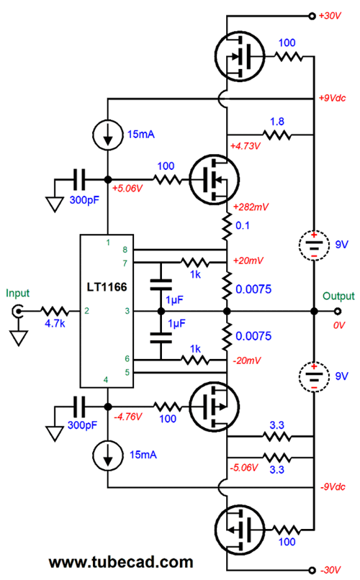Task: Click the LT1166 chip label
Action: (107, 287)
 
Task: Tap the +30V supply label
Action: (330, 16)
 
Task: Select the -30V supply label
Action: (330, 570)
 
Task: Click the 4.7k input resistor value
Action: (55, 323)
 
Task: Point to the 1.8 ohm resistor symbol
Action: (276, 135)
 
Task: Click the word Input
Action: (17, 294)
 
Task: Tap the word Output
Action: (338, 296)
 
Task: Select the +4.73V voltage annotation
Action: (245, 146)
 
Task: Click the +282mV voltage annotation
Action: (251, 207)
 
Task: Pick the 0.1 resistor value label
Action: (243, 225)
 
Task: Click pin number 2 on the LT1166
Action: (86, 311)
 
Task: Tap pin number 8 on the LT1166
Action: (125, 250)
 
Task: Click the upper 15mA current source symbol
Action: (108, 135)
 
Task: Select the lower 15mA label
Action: (143, 455)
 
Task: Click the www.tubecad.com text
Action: (121, 562)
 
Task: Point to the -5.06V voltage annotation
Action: (243, 468)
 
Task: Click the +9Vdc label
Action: (332, 98)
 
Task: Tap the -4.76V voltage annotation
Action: (127, 417)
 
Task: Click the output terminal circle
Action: (338, 311)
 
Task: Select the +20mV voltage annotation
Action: (248, 260)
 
